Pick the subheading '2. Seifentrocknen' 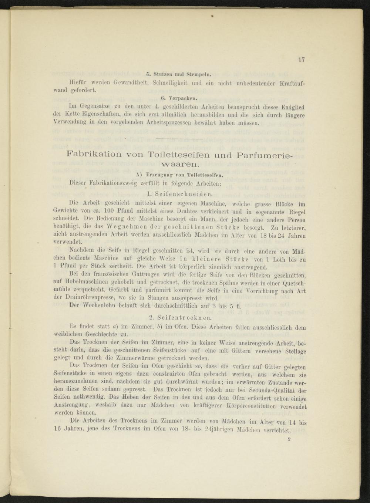click(180, 317)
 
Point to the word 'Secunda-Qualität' click(274, 390)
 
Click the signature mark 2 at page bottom click(289, 439)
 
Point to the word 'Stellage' click(293, 351)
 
